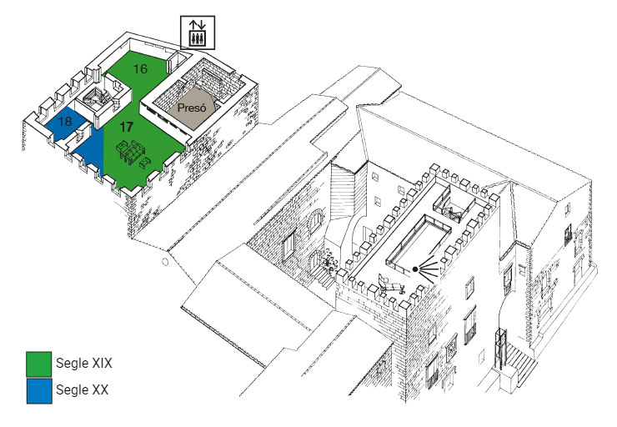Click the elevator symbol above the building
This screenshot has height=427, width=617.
(198, 32)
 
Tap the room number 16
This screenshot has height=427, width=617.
(139, 69)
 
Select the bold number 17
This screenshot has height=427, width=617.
(126, 128)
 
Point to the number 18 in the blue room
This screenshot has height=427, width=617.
(64, 122)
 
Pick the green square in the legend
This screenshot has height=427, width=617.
(39, 364)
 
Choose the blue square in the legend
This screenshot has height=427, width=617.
(39, 389)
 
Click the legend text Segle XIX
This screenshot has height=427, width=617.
(84, 364)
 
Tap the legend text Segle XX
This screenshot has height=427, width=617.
(82, 389)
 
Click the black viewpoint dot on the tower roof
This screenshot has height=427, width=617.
(415, 269)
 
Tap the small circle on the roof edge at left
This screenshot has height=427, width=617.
(166, 261)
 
